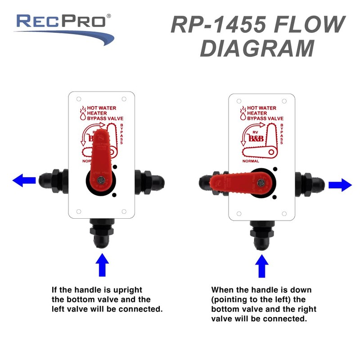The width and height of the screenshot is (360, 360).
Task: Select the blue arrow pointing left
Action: point(24,180)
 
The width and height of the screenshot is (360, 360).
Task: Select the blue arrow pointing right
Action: point(340,184)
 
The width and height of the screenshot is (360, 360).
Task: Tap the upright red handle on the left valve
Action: point(101,153)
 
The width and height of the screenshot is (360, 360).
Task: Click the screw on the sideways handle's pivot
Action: point(261,183)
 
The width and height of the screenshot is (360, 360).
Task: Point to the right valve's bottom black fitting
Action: point(261,236)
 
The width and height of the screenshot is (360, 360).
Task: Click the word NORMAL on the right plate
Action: point(251,161)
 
